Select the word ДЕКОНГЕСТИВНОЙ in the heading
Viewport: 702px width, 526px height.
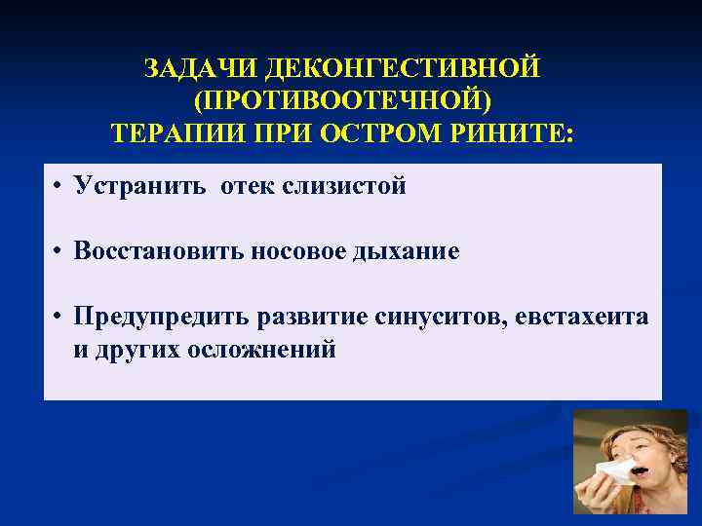coord(402,69)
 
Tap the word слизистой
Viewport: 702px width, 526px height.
coord(343,186)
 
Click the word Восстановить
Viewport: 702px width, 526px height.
coord(161,251)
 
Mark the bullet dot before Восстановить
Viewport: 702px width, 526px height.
coord(59,252)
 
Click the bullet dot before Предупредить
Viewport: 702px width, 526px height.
coord(59,318)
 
